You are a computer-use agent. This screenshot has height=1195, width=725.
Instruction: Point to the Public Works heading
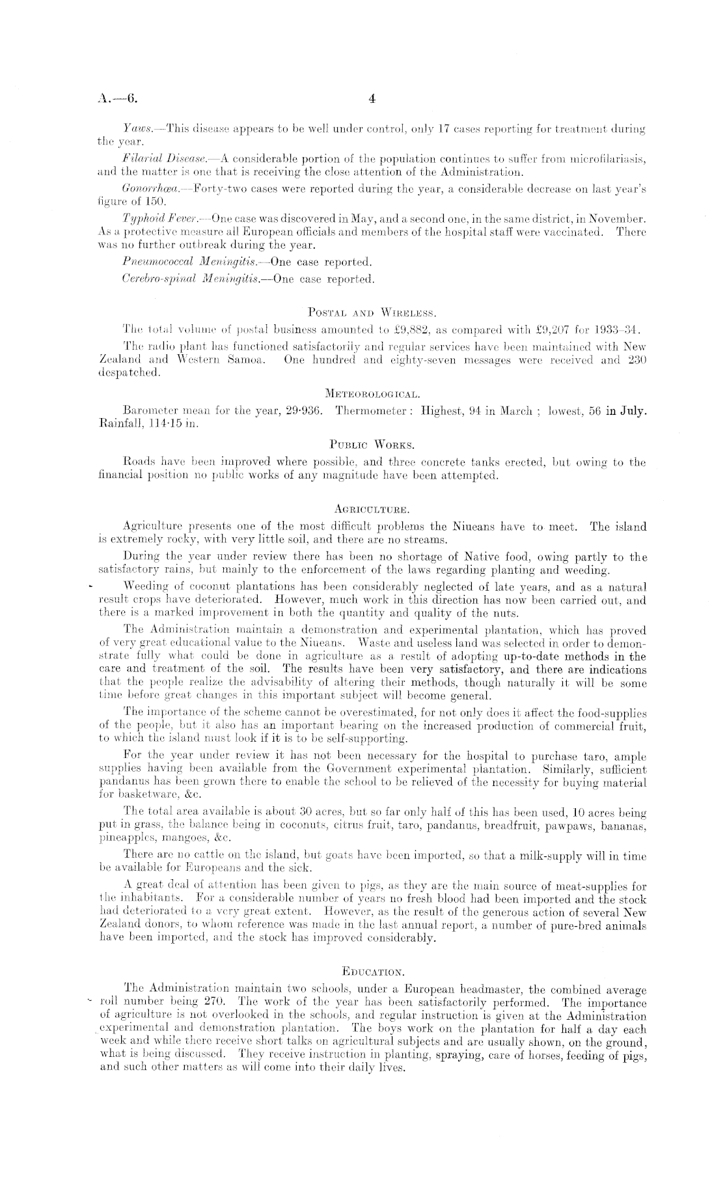tap(372, 445)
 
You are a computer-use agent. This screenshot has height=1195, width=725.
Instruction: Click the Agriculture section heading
tap(372, 509)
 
